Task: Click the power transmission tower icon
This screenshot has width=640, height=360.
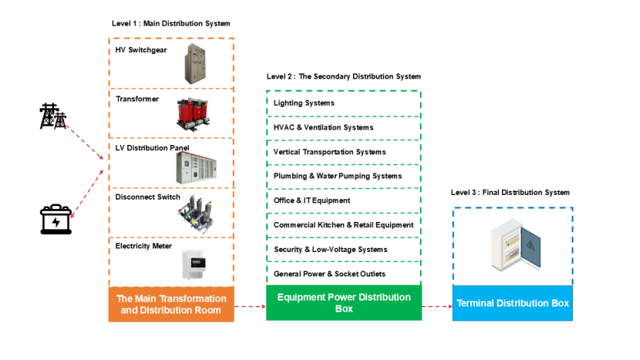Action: click(53, 117)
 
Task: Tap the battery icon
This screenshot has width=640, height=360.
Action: click(56, 220)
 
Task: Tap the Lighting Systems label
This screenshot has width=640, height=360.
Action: click(304, 103)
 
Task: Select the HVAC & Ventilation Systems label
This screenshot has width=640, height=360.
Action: click(323, 127)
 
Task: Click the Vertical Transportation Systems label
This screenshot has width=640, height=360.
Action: click(329, 152)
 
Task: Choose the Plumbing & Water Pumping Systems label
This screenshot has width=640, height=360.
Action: click(338, 176)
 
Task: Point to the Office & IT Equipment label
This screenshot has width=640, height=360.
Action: click(312, 200)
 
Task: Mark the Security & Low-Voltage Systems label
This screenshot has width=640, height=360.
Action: click(330, 249)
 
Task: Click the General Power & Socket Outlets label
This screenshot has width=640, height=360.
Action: click(329, 274)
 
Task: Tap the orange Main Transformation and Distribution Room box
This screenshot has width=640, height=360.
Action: click(171, 304)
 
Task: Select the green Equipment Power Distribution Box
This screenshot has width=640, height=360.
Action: click(344, 302)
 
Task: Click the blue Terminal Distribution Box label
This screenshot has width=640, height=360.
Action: click(513, 303)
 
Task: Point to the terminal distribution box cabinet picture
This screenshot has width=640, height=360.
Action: click(512, 244)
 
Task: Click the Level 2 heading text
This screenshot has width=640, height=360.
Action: click(344, 77)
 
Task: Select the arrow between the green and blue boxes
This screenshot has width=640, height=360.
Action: click(436, 306)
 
